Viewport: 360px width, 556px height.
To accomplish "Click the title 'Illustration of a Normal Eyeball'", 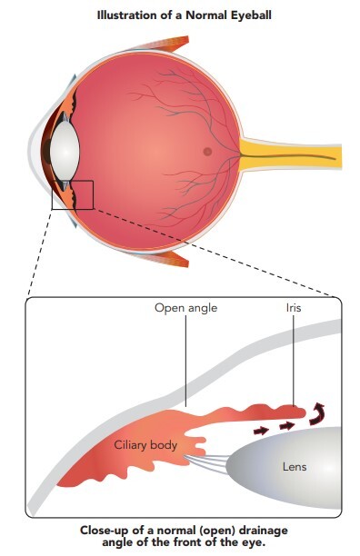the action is pos(184,15).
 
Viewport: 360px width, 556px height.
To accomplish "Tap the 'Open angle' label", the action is pos(185,308).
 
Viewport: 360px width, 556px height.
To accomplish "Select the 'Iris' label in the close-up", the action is pos(294,307).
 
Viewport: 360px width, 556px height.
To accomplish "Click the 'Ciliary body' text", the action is pos(145,445).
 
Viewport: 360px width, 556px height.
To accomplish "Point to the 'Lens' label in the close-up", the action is pos(295,467).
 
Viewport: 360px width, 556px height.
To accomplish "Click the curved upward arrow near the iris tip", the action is pos(316,414).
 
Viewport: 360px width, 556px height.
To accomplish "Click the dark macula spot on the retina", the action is pos(207,152).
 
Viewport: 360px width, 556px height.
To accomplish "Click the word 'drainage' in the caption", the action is pos(263,531).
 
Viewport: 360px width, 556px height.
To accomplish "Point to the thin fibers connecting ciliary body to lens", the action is pos(205,463).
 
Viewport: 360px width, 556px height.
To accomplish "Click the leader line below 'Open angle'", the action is pos(185,361).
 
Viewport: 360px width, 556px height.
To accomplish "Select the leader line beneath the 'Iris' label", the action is pos(294,361).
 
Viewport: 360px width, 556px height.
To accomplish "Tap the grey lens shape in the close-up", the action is pos(284,467).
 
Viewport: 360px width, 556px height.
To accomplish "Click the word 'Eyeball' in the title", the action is pos(251,15).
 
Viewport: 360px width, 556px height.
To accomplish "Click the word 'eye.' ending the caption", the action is pos(254,542).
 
